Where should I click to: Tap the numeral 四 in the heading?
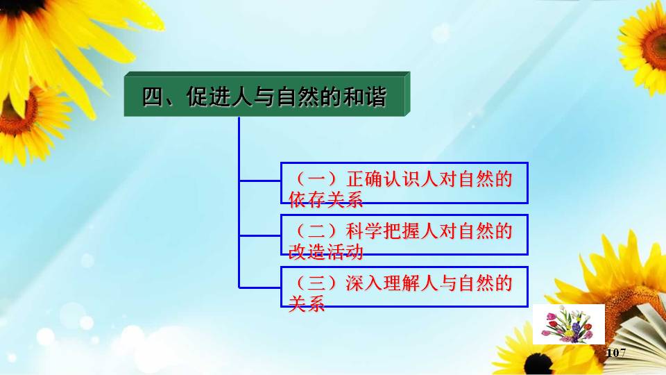pyautogui.click(x=153, y=97)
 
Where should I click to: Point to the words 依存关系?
pyautogui.click(x=326, y=199)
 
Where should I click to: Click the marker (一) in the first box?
pyautogui.click(x=316, y=179)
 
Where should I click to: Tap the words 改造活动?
pyautogui.click(x=326, y=251)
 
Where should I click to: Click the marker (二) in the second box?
pyautogui.click(x=316, y=231)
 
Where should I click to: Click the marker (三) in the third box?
pyautogui.click(x=316, y=283)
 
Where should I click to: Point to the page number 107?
pyautogui.click(x=616, y=353)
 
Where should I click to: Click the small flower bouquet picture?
pyautogui.click(x=569, y=324)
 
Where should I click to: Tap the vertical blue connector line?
pyautogui.click(x=239, y=202)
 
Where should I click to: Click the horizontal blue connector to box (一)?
pyautogui.click(x=259, y=181)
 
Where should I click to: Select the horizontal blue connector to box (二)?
pyautogui.click(x=259, y=235)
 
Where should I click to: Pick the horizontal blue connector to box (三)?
pyautogui.click(x=259, y=287)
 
